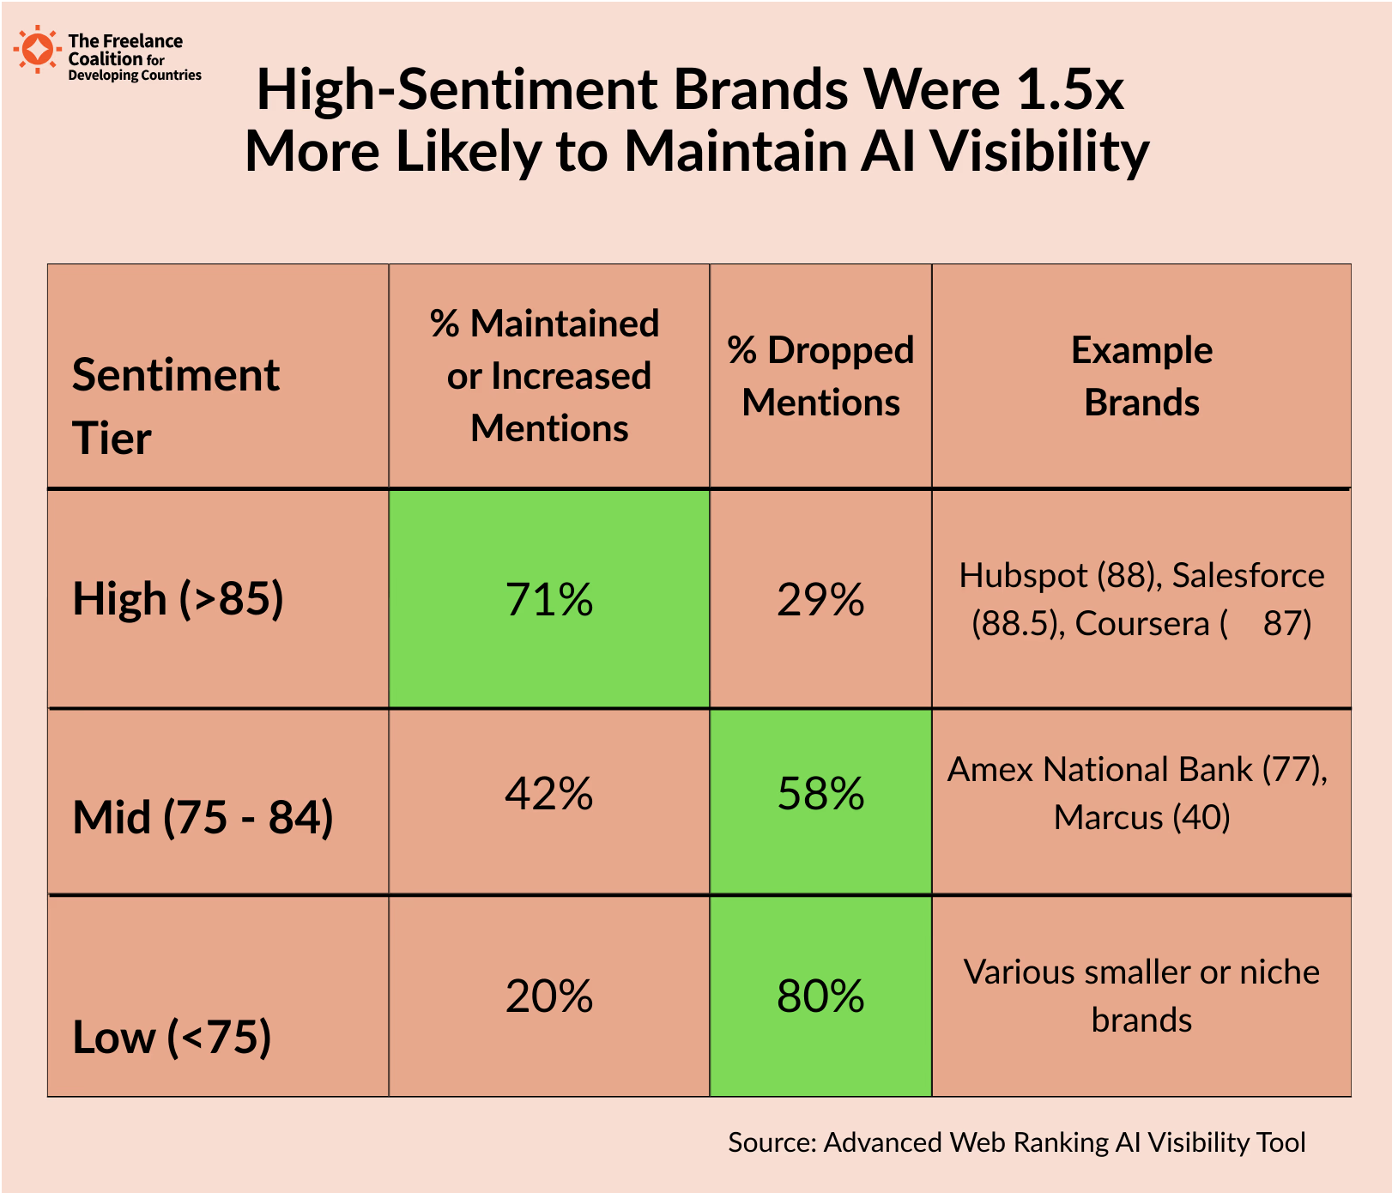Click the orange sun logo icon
click(37, 49)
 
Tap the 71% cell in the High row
click(549, 599)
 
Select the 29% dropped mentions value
click(820, 599)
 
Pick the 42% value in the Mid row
click(549, 793)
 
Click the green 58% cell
click(820, 793)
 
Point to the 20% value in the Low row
click(549, 996)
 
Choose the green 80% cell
click(820, 996)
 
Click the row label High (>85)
click(178, 598)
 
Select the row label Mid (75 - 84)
click(203, 816)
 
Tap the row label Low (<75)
click(172, 1037)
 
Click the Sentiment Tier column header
click(175, 406)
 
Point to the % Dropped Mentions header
click(820, 376)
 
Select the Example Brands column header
click(1141, 376)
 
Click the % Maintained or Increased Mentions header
click(549, 376)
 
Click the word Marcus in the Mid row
click(1108, 817)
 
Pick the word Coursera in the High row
click(1141, 623)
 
